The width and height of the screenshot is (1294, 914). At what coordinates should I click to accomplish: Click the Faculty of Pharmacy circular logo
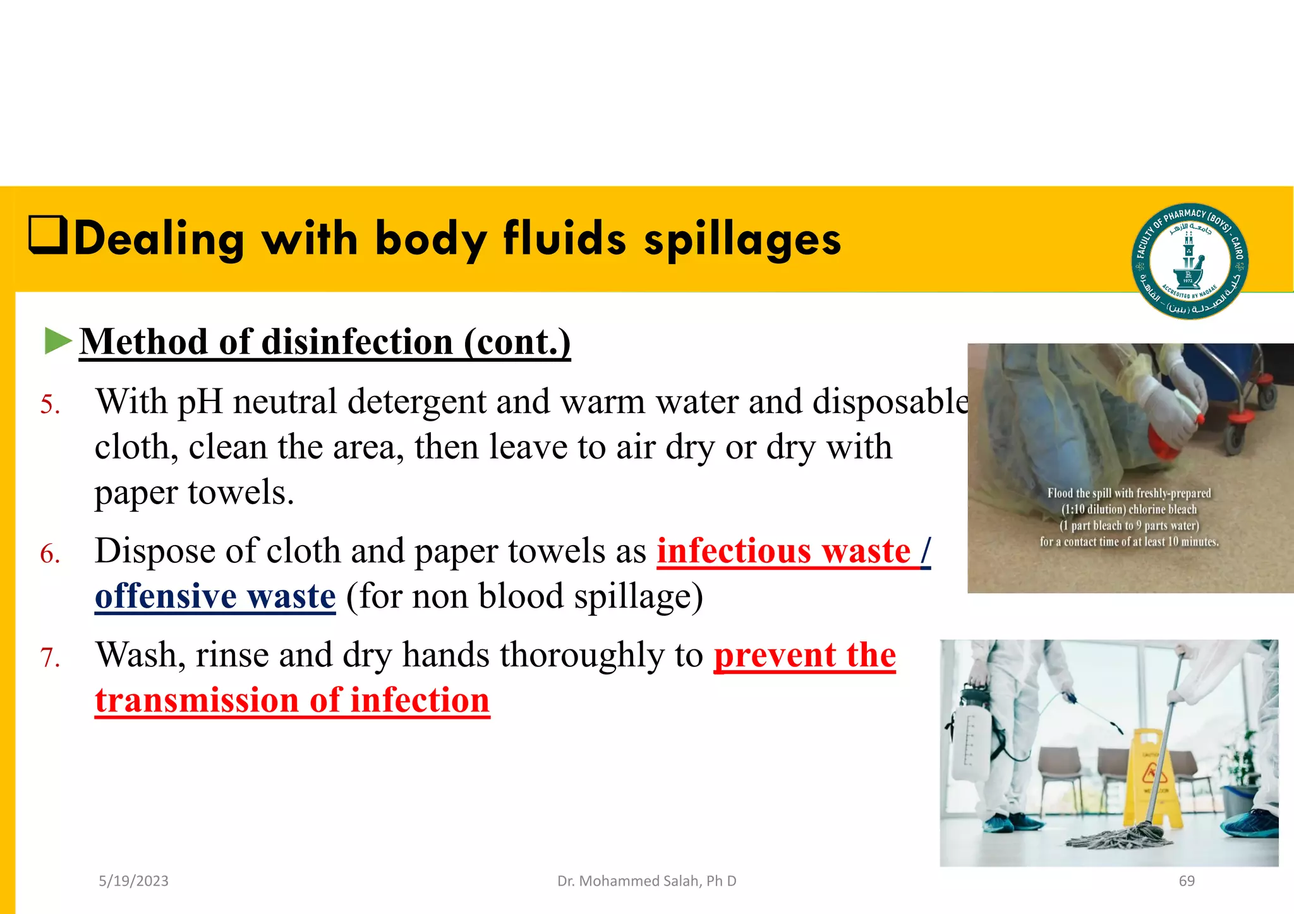point(1189,261)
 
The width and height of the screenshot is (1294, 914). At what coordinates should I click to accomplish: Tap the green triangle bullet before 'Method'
point(57,341)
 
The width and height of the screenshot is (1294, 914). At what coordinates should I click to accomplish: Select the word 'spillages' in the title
point(742,240)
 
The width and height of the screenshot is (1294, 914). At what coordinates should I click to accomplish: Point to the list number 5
point(50,405)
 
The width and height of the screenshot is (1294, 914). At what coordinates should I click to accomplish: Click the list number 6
point(50,555)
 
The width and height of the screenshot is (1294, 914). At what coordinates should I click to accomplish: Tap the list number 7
point(50,658)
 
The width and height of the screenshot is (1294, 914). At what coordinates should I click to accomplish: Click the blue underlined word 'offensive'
point(166,596)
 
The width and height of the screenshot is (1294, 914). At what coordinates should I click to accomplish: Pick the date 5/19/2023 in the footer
point(133,881)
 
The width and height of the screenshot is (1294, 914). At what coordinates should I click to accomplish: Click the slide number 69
point(1187,881)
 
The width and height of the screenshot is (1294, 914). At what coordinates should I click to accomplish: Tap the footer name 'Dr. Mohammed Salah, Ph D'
point(646,881)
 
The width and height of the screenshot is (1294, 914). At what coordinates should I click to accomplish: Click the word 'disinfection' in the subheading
point(357,342)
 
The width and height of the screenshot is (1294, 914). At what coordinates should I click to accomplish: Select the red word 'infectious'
point(733,551)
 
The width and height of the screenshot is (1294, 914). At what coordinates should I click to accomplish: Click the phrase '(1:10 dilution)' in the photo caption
point(1093,510)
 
